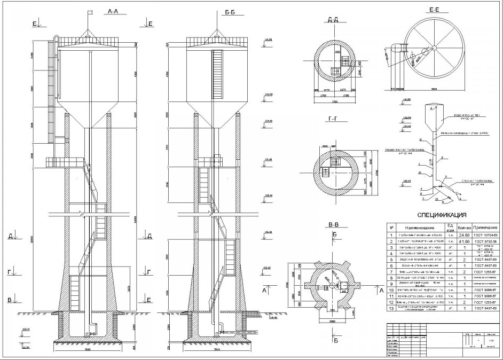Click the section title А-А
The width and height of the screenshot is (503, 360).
coord(113,11)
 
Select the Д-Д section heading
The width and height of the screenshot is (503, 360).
coord(333,20)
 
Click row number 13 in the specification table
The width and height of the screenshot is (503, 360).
coord(391,308)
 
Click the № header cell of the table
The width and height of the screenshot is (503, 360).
coord(391,228)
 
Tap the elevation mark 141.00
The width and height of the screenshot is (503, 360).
coord(269,40)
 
